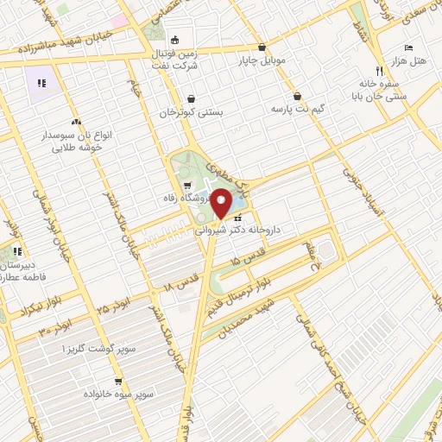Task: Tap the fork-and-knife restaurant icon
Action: coord(378,72)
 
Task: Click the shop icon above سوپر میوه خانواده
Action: coord(118,381)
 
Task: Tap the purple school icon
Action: coord(41,84)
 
